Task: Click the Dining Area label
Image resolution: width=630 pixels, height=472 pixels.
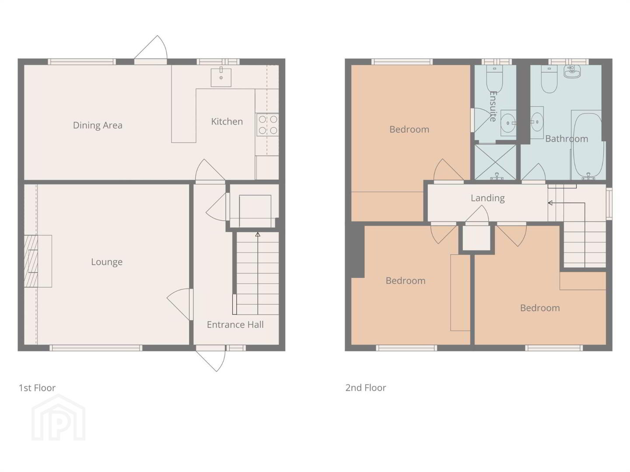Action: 98,125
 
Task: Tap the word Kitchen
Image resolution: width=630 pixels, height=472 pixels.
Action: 227,121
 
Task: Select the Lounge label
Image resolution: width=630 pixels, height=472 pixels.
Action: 107,262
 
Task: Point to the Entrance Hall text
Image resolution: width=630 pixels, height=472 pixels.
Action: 235,324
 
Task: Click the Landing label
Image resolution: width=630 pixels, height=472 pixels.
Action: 488,198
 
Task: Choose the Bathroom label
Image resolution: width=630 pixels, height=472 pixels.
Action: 566,139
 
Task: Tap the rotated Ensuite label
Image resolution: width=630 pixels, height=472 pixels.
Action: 493,106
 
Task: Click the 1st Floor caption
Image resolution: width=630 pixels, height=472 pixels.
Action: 37,388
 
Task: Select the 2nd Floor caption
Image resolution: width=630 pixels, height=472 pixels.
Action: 365,388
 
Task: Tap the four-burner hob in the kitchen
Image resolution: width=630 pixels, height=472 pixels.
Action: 267,125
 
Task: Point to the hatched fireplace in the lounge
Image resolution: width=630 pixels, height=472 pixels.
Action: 31,261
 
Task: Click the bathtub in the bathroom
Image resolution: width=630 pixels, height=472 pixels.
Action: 587,146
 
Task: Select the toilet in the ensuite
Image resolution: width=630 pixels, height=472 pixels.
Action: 494,78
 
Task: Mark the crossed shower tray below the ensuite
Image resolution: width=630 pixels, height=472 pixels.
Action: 495,162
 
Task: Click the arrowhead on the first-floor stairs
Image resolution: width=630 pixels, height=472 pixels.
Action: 258,234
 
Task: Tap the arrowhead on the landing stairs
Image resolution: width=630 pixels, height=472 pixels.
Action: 550,203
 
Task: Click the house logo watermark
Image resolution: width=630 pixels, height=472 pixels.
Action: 59,417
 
